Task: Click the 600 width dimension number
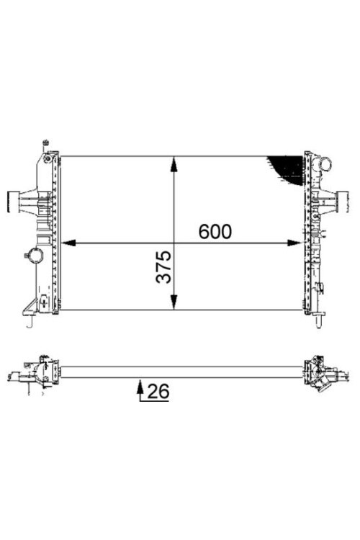215,231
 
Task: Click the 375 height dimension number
163,267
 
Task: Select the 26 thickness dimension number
158,391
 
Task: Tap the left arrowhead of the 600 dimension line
68,243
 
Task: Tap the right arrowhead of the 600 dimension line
294,243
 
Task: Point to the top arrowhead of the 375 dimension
174,164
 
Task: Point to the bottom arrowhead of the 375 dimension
174,302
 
